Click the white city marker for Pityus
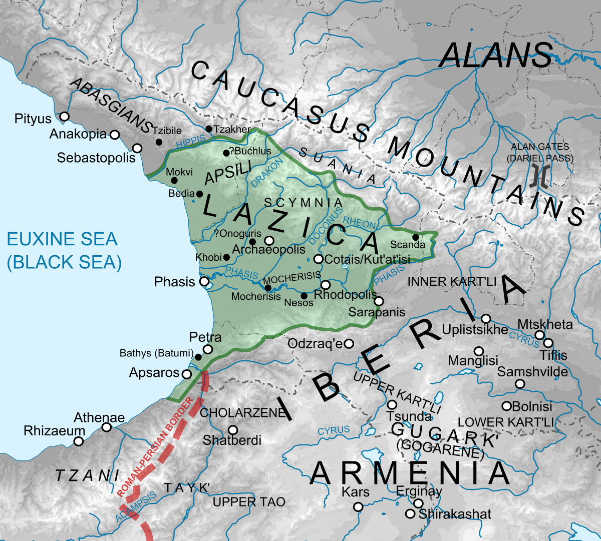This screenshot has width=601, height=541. coord(64,117)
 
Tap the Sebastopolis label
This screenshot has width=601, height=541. coord(96,158)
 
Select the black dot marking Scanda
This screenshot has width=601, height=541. coord(416,237)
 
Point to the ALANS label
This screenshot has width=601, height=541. coord(496,55)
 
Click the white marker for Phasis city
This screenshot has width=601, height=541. coord(204,282)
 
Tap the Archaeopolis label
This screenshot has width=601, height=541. coord(268,249)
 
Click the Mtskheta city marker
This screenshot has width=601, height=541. coord(539,335)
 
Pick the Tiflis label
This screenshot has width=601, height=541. coord(553,355)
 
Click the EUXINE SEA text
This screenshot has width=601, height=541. coord(62,239)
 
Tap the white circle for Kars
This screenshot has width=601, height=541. coord(358,507)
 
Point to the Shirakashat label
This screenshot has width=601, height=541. coord(455,514)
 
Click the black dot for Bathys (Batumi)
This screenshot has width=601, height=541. coord(198,357)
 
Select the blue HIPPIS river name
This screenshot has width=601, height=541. coord(191,142)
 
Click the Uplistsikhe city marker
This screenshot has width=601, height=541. coord(486,319)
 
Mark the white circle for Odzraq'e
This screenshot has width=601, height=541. coord(349,344)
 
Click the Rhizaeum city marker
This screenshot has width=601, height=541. coord(79,441)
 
